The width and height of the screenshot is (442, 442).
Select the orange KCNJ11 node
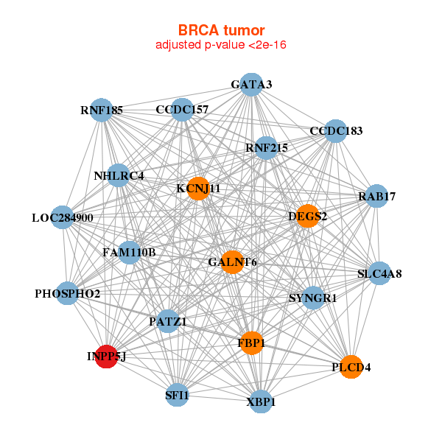[x=197, y=189]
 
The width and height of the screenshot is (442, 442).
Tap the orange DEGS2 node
[x=308, y=216]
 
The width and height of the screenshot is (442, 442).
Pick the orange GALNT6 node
[x=232, y=262]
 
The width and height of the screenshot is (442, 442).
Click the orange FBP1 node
[x=251, y=343]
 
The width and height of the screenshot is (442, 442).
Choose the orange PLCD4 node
[x=351, y=367]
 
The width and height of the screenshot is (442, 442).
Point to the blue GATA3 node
[x=251, y=85]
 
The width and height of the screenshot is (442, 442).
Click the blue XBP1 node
[x=261, y=401]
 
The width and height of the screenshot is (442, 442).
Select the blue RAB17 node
[x=376, y=197]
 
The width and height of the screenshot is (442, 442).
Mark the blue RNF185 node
[x=102, y=111]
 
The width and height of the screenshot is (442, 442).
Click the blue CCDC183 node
[x=336, y=131]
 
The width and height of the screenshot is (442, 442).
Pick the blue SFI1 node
[x=178, y=395]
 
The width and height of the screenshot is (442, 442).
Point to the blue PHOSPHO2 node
[x=68, y=293]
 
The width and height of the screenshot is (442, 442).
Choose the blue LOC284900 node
[x=63, y=218]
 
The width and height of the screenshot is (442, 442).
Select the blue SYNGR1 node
[x=313, y=298]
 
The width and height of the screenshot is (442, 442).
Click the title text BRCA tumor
[x=221, y=30]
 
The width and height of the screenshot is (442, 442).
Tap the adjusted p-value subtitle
[x=221, y=45]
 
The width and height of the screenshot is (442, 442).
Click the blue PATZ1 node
[x=168, y=321]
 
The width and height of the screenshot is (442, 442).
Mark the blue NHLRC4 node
[x=119, y=175]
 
